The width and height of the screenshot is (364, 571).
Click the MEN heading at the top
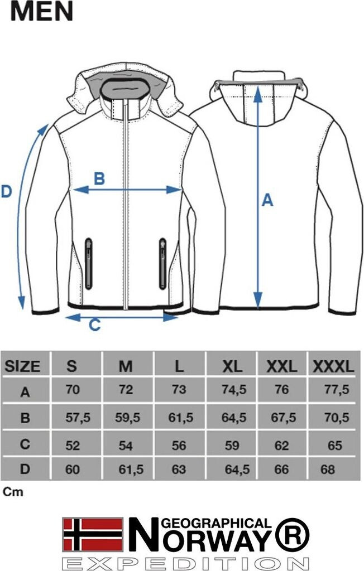41,11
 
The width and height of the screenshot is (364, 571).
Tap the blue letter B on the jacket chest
99,178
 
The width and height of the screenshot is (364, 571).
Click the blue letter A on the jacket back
267,200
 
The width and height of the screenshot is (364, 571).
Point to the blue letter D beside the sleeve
7,192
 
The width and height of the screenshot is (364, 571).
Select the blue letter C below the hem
95,325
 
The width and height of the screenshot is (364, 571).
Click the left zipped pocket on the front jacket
88,264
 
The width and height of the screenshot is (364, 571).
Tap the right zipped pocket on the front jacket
162,264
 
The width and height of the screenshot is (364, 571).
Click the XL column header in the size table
232,366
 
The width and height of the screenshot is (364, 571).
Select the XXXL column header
333,366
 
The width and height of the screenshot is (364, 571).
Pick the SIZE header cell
22,366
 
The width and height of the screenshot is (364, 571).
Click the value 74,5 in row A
234,390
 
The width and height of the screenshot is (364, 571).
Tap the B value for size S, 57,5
78,417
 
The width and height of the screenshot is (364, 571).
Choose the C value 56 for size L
179,446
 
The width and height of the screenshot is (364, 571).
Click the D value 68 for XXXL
328,470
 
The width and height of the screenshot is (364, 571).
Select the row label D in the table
25,469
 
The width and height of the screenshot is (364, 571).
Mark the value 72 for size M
126,390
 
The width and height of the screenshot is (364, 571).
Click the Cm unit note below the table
13,492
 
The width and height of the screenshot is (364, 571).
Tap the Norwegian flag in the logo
93,534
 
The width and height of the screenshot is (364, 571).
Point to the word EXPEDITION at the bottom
186,563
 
